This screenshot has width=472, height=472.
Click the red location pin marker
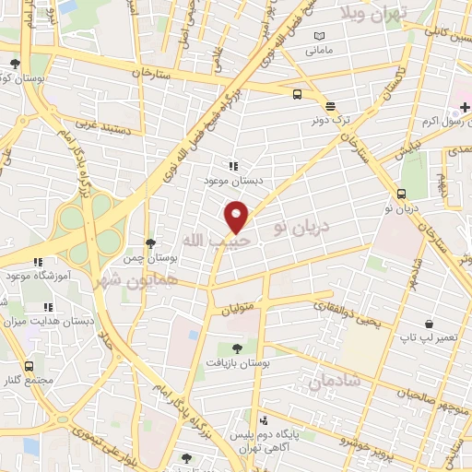point(237,217)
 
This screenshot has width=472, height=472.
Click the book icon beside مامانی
point(320,36)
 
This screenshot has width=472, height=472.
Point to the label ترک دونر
point(331,118)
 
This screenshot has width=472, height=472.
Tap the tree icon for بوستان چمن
point(150,242)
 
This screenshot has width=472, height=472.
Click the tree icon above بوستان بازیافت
point(237,348)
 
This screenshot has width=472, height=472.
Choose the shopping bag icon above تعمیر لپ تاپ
point(430,324)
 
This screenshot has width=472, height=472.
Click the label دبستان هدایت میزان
point(45,323)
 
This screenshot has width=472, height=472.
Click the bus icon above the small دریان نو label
point(402,194)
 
